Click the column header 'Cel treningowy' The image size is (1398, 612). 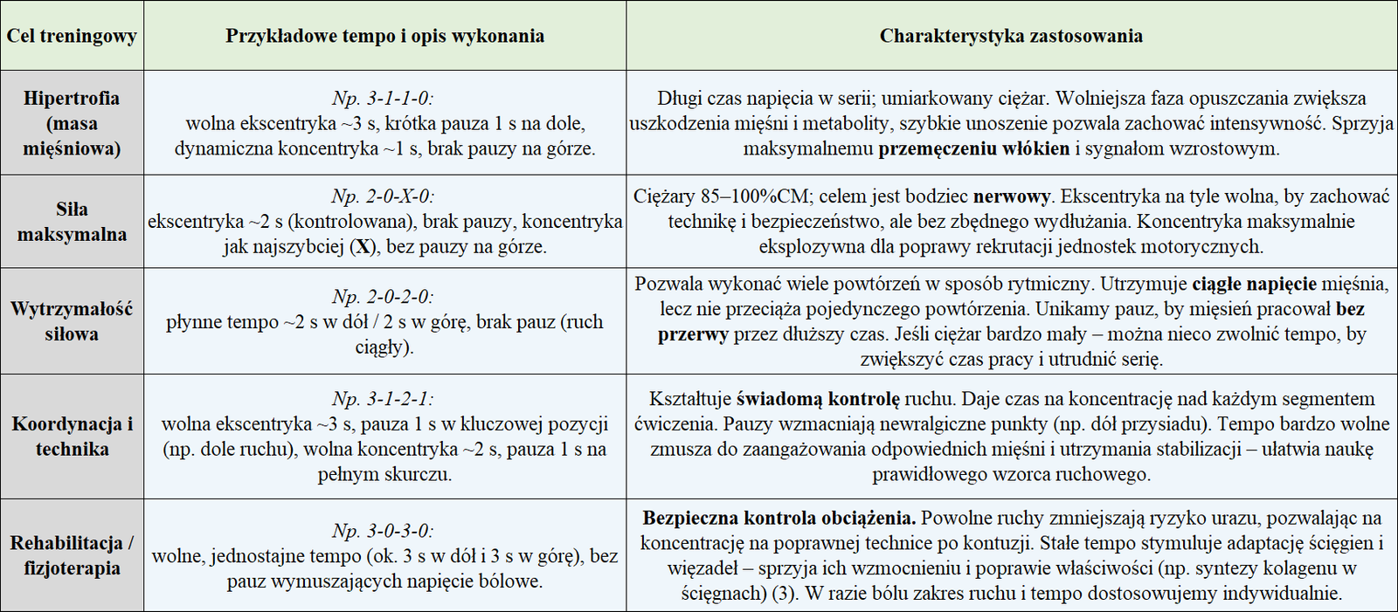pos(72,37)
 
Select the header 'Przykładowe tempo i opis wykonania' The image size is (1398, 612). pos(384,37)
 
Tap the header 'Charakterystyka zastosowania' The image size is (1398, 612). pos(1011,37)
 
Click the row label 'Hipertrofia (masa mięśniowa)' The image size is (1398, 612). pos(72,123)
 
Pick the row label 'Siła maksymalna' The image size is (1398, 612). pos(72,222)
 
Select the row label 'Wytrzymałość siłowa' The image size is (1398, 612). pos(72,321)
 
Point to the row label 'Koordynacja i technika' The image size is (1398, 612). pos(72,437)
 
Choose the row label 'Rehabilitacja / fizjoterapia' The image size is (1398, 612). pos(72,555)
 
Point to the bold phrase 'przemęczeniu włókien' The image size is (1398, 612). pos(973,148)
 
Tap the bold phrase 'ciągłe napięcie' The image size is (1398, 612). pos(1254,284)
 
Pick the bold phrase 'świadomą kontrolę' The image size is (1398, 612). pos(818,399)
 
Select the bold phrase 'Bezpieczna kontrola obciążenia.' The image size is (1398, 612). pos(779,518)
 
